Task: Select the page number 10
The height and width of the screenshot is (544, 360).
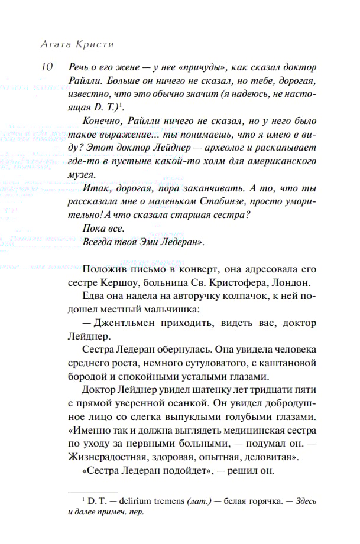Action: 48,67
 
